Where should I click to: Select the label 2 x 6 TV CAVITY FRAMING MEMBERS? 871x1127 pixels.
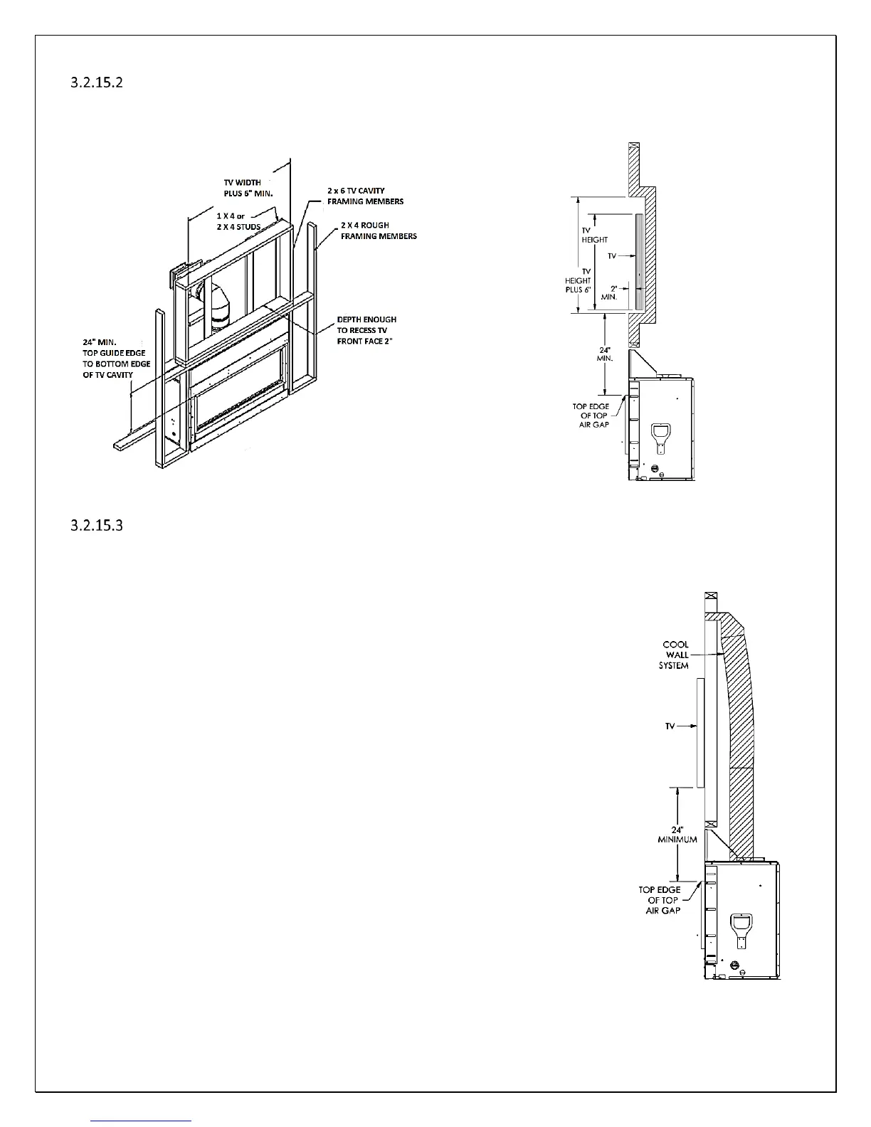[365, 196]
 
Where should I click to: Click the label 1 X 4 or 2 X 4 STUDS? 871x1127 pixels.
[238, 221]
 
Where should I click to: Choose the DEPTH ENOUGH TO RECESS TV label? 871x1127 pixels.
[366, 330]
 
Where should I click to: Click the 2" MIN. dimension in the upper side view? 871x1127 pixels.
[610, 292]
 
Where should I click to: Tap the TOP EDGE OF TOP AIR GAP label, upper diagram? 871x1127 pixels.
[591, 416]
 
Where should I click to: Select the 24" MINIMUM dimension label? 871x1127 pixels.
[677, 835]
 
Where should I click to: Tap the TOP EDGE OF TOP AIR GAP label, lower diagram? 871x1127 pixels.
[660, 900]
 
